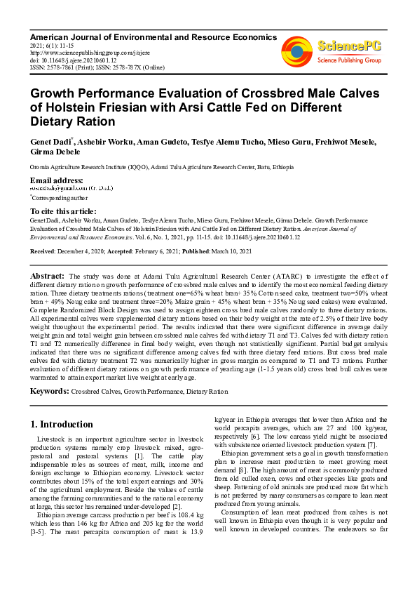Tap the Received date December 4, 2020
pyautogui.click(x=83, y=251)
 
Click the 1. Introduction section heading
pyautogui.click(x=62, y=425)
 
